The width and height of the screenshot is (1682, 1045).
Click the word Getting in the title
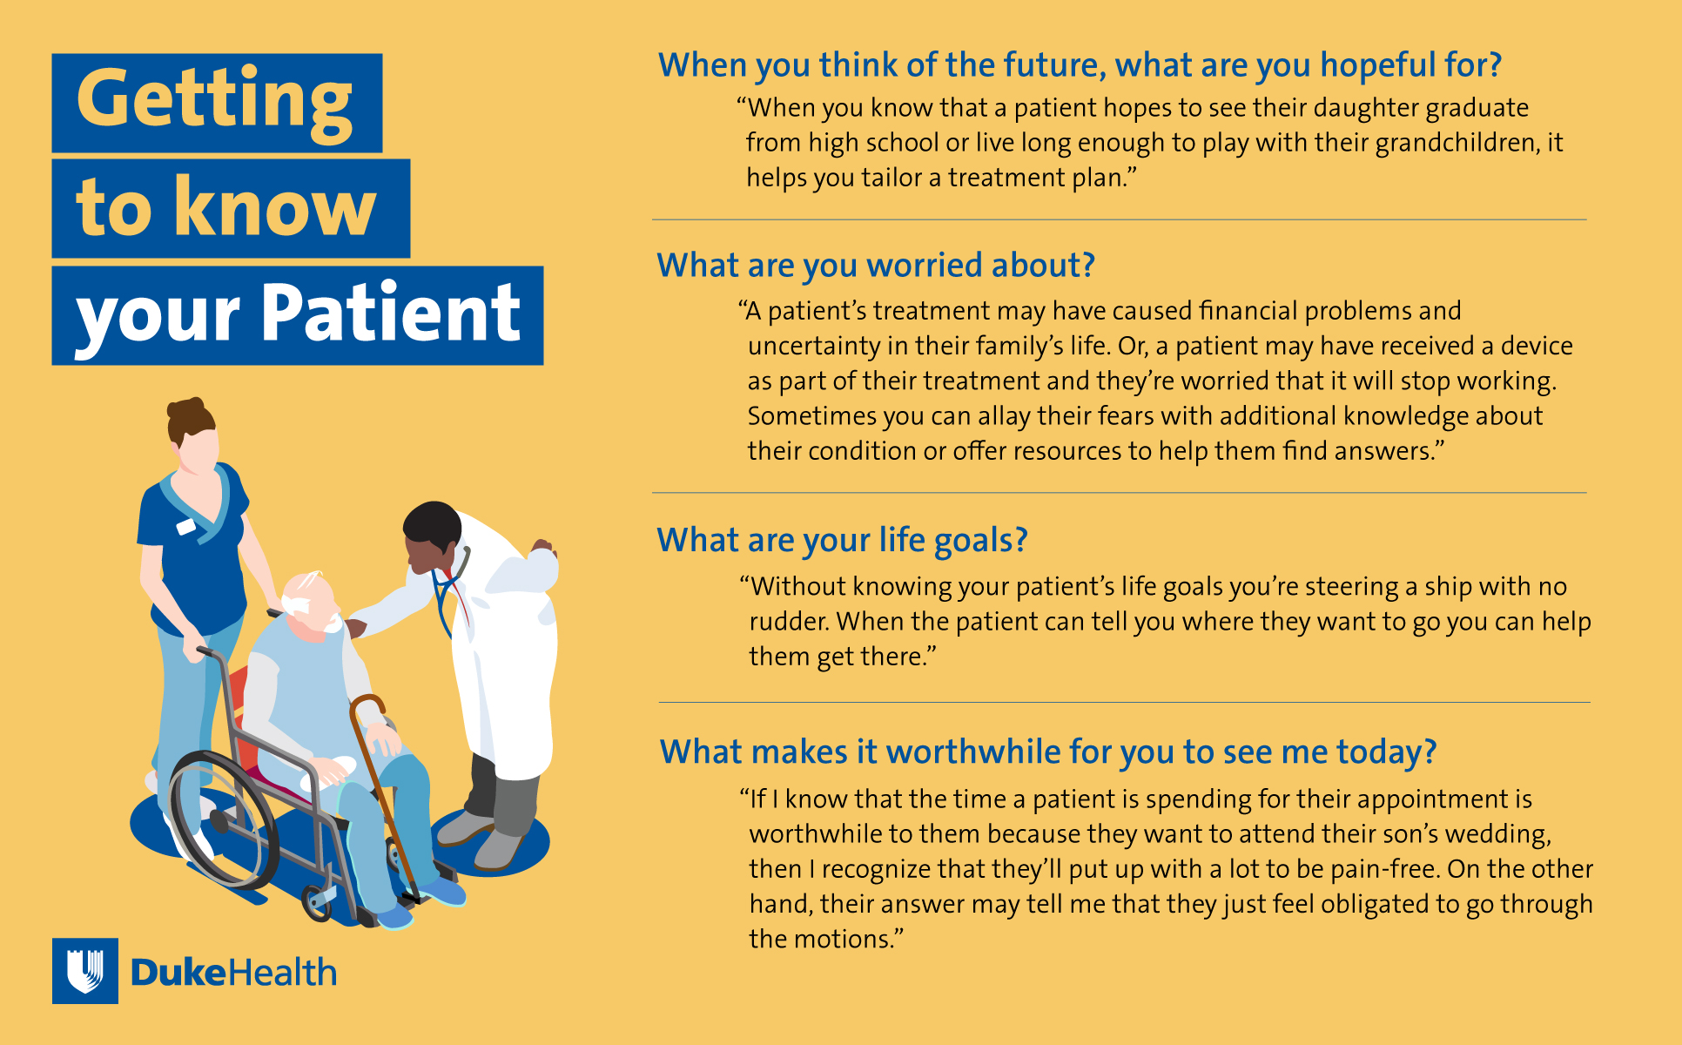point(215,104)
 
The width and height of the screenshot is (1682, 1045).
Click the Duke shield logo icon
point(85,971)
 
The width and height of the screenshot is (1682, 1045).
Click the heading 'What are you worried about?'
point(876,266)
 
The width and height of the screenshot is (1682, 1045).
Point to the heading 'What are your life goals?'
point(842,541)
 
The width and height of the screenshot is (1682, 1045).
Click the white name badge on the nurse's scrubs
point(186,527)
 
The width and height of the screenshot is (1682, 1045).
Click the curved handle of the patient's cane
point(367,705)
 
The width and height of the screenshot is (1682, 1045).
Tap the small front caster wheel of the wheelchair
point(316,904)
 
